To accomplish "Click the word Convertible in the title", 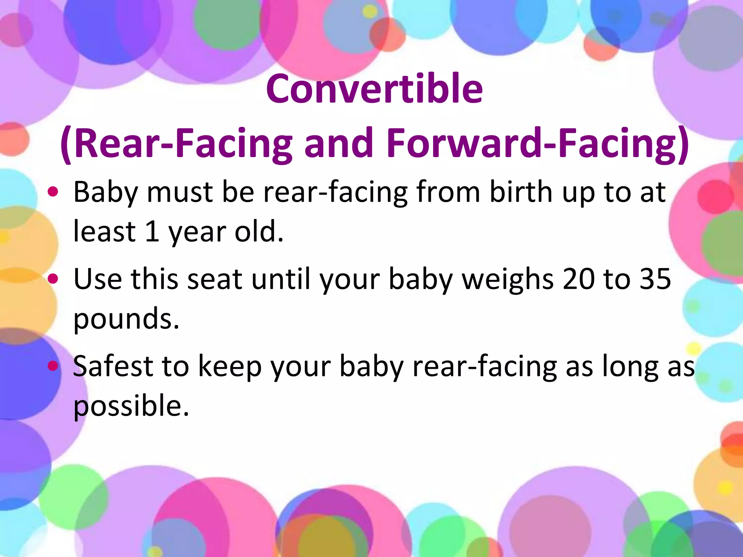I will [374, 88].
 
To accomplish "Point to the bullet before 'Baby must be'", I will [53, 192].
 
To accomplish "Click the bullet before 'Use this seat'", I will [53, 278].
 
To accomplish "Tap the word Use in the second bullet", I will [98, 279].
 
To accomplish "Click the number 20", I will [578, 279].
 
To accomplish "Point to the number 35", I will [655, 279].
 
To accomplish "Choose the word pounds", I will [126, 319].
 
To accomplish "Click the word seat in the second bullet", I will [215, 279].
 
